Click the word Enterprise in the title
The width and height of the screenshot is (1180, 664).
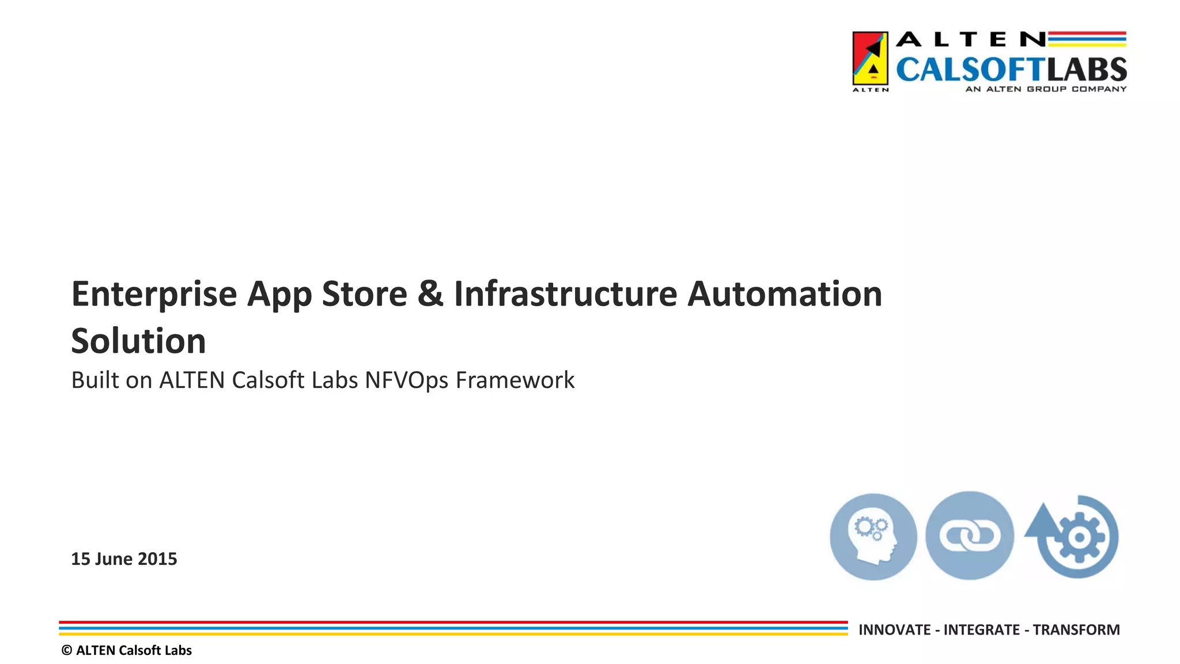pos(154,295)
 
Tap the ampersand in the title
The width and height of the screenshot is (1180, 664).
pos(430,294)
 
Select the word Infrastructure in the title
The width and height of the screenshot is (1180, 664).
pos(565,294)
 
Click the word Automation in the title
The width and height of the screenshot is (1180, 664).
pos(785,294)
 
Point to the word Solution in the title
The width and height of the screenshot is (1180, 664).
pos(138,341)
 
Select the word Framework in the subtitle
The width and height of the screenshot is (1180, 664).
pos(515,381)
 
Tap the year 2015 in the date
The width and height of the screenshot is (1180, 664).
pos(157,559)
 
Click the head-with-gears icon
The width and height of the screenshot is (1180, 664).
pos(873,537)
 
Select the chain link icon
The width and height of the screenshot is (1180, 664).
pos(970,536)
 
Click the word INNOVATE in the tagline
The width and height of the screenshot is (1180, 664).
pos(894,630)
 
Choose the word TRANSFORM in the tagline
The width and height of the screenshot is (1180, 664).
pos(1076,630)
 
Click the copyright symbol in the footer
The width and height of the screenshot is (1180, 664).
pos(67,651)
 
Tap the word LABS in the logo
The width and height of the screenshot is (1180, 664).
pos(1087,70)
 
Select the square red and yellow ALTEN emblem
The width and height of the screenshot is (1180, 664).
pos(870,59)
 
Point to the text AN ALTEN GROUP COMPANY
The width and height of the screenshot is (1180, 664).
pos(1046,89)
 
